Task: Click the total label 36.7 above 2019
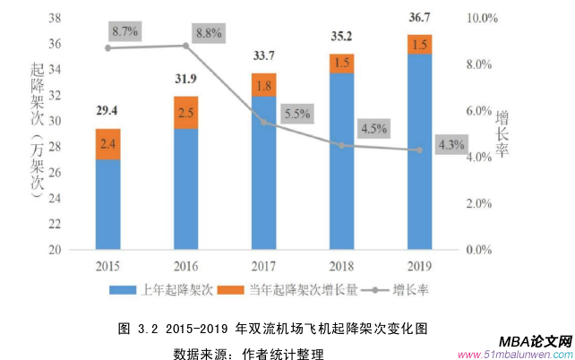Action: pos(418,17)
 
